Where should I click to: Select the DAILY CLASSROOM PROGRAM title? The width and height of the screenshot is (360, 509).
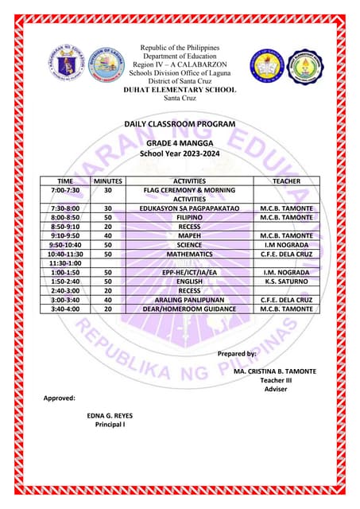click(x=179, y=125)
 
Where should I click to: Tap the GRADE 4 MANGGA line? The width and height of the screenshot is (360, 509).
click(x=179, y=142)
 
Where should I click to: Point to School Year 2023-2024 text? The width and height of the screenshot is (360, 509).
click(x=179, y=153)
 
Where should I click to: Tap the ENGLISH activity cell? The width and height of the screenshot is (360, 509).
click(x=189, y=282)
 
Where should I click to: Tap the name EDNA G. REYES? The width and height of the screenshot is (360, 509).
click(x=110, y=415)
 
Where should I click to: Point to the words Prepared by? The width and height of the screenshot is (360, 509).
click(x=236, y=353)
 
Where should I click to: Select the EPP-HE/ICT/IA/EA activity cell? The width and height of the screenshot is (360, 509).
click(x=189, y=272)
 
